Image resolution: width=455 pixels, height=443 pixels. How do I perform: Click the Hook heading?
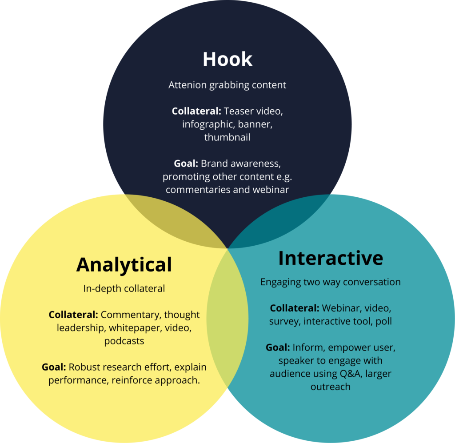227,59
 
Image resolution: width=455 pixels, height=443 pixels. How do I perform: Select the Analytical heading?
124,265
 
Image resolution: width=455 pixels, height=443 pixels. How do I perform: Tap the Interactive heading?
331,258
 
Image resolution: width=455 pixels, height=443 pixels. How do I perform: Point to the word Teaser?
238,111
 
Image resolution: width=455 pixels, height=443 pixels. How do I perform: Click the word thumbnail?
227,137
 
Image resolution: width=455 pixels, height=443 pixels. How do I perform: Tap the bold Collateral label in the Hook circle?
196,111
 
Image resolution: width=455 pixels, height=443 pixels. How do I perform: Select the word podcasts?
124,341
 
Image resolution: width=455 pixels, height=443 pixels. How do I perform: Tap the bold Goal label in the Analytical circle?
54,367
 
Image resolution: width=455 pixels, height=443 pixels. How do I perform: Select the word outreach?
331,387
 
